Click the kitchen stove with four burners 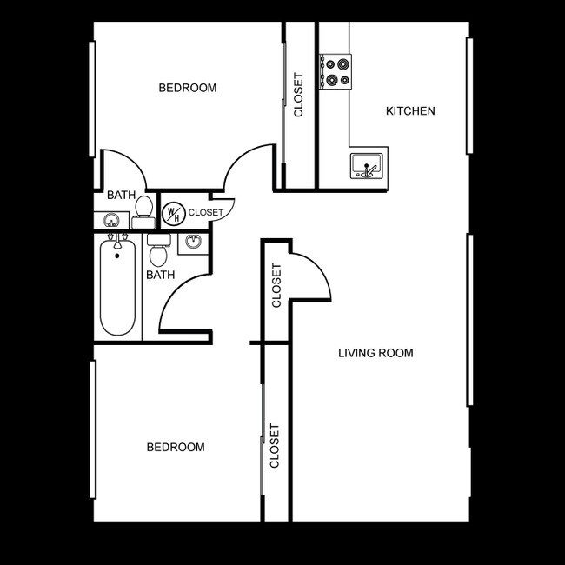coord(336,71)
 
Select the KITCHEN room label coord(410,111)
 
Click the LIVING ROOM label coord(376,353)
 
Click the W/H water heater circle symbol coord(173,213)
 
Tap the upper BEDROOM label coord(187,88)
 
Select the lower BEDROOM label coord(176,447)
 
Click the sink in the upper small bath coord(111,221)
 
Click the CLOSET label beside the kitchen coord(299,95)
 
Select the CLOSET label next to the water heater coord(206,212)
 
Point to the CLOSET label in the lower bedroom coord(275,446)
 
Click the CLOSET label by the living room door coord(277,286)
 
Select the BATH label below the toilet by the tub coord(160,275)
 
